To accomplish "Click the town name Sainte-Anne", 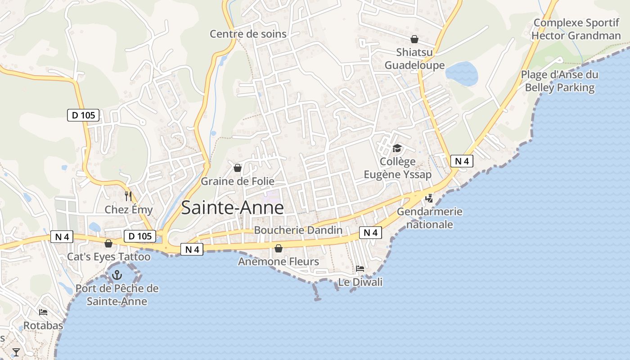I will (232, 208).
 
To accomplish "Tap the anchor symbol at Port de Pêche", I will (117, 274).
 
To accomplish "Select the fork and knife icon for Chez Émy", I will (128, 196).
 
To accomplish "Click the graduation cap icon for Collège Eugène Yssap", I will (397, 148).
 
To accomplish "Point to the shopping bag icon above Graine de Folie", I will (237, 168).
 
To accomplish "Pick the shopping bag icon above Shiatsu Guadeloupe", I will (414, 39).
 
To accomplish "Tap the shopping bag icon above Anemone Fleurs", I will (279, 248).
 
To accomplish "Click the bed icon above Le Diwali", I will (360, 268).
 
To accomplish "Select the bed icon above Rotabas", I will (43, 312).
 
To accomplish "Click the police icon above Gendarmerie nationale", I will (429, 198).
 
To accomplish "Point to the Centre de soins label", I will (248, 34).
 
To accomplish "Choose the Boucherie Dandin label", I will (298, 230).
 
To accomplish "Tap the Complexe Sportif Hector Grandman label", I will (577, 29).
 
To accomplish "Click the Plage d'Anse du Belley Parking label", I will (560, 81).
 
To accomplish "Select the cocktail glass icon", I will (16, 352).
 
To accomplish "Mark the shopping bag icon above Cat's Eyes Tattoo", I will (108, 243).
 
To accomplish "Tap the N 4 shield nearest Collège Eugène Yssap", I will (462, 161).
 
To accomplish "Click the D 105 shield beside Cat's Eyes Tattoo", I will (139, 236).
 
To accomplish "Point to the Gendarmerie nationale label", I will (429, 218).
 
